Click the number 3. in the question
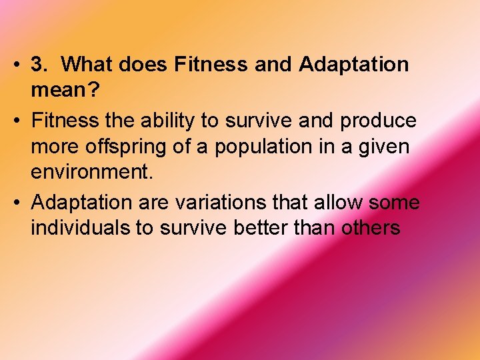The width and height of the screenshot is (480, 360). (x=41, y=65)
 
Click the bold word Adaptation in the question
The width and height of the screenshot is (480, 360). (x=354, y=65)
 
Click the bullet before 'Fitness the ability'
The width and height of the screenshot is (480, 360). (x=17, y=121)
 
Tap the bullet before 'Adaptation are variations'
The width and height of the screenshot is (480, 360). (x=17, y=202)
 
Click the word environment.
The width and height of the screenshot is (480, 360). (x=91, y=173)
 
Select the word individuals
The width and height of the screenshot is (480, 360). (x=80, y=227)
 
